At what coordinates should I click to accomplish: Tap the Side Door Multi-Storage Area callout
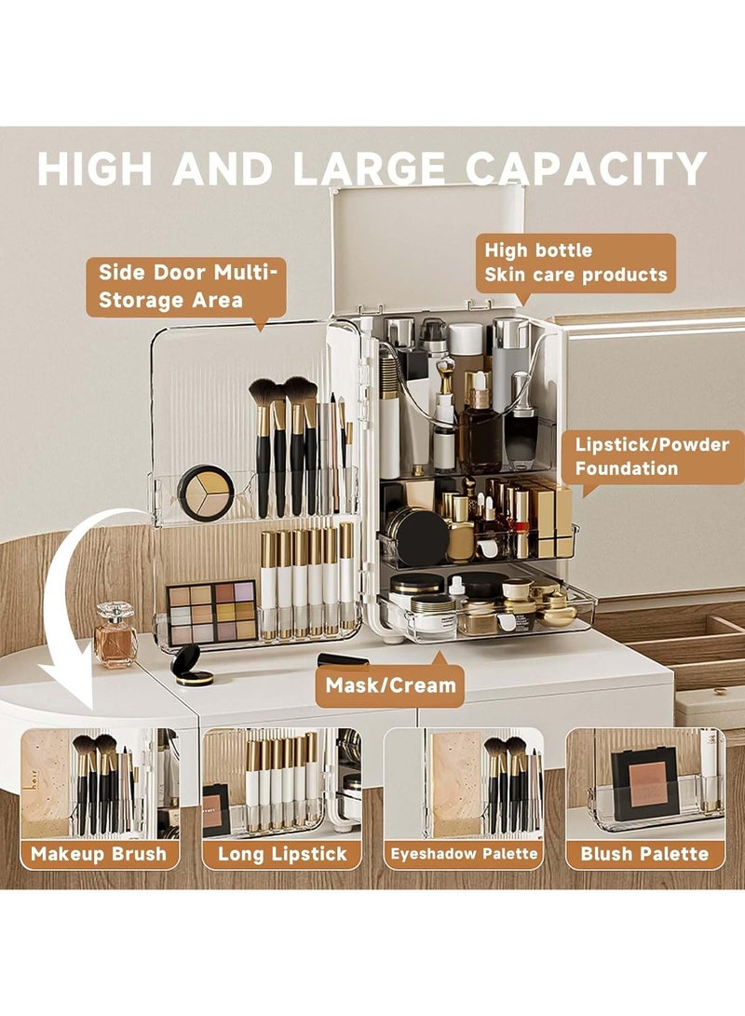coord(185,286)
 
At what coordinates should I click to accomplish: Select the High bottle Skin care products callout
coord(576,263)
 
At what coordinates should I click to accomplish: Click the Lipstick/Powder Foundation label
coord(651,456)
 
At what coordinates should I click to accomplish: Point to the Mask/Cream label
coord(390,686)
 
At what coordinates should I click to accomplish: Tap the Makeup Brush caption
coord(99,853)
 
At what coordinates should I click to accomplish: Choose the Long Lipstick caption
coord(281,853)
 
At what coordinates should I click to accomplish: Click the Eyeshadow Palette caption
coord(463,853)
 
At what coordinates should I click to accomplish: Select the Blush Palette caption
coord(644,853)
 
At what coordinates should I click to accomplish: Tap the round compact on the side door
coord(206,492)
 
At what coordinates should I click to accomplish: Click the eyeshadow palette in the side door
coord(211,611)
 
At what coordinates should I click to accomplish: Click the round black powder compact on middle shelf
coord(418,536)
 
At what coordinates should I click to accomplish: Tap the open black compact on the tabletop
coord(193,666)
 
